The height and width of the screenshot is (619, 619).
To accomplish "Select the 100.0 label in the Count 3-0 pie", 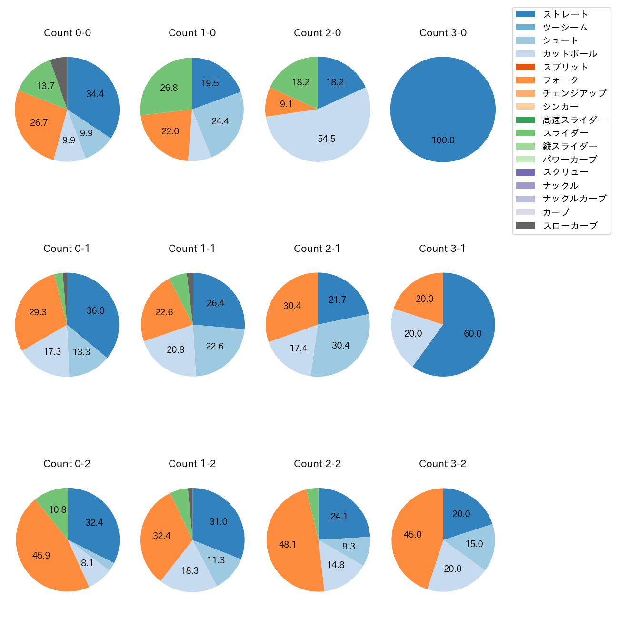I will [443, 140].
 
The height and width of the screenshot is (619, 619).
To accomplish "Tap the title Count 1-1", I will [192, 249].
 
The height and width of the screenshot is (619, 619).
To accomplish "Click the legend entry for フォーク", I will [560, 80].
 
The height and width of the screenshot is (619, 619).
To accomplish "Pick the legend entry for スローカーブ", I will [570, 226].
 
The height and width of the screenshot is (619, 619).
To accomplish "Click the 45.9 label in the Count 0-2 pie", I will [41, 556].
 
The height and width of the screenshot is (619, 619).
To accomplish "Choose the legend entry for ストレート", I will [565, 14].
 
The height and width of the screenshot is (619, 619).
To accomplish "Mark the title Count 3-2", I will [442, 464].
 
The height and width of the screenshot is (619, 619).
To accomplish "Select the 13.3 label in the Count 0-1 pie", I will [81, 352].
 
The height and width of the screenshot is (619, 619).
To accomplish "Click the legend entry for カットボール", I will [569, 54].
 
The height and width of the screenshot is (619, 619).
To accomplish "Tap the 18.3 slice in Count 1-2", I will [190, 570].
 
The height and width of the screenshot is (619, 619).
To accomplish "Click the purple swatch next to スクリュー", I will [525, 172].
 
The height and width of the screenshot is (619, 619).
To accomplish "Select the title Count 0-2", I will [67, 464].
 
